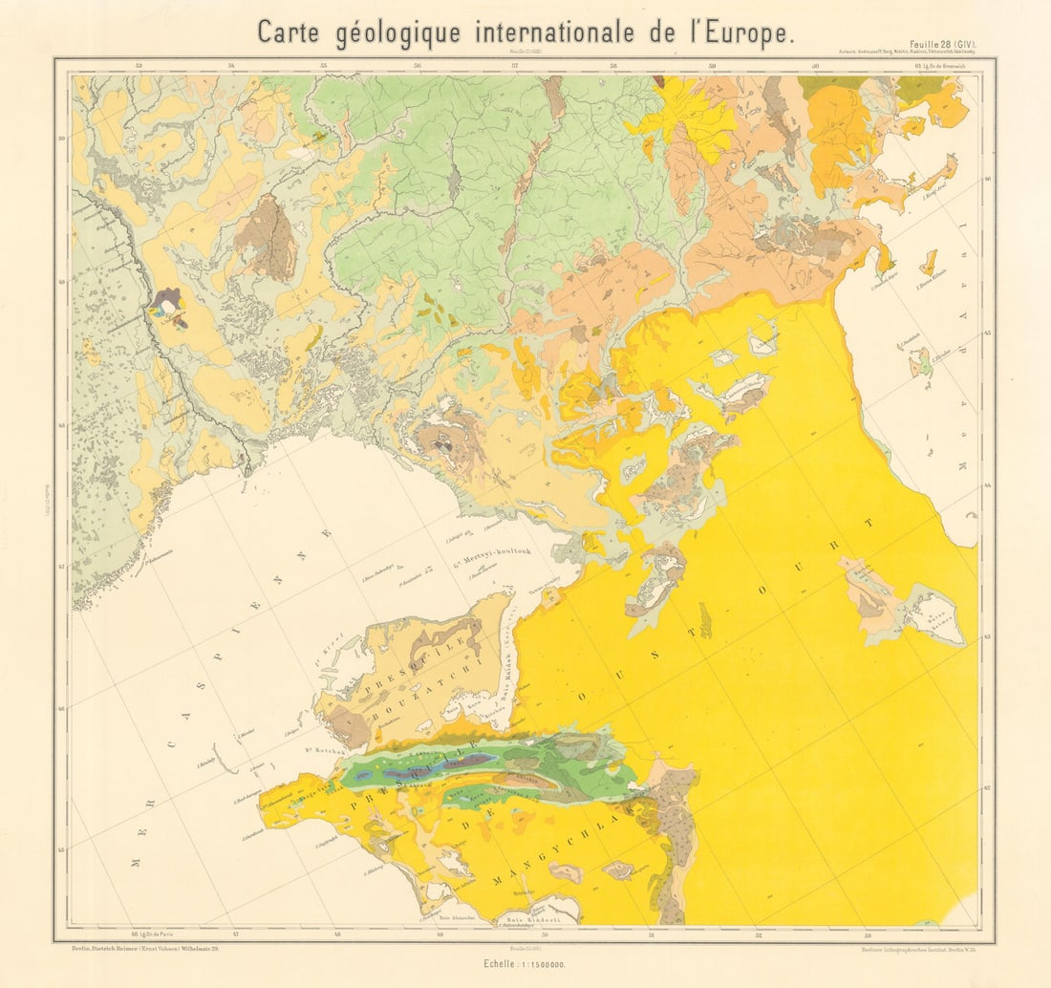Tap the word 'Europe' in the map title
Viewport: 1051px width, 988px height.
pos(745,32)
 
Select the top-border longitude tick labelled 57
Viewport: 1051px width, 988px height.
pos(514,65)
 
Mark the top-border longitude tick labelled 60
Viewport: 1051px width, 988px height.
pos(816,65)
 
